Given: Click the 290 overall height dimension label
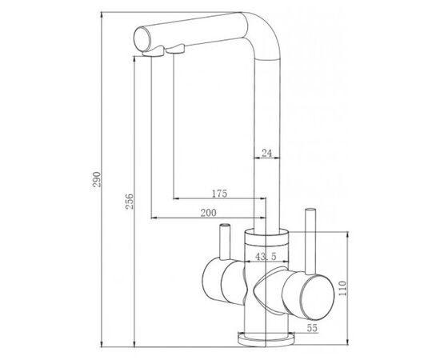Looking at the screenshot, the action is coord(97,179).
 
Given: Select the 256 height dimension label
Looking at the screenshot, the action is coord(130,201).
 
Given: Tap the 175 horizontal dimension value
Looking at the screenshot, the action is coord(219,194).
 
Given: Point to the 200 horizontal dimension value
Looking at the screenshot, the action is coord(209,213).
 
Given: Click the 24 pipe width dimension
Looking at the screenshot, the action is coord(267,153).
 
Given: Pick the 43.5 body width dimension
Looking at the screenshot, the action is coord(266,256).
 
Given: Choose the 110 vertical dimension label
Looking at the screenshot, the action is coord(342,288).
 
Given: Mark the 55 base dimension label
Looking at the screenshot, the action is coord(312,328).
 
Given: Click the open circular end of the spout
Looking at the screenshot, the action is coord(142,39).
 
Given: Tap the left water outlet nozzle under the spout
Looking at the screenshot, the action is coord(153,52).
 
